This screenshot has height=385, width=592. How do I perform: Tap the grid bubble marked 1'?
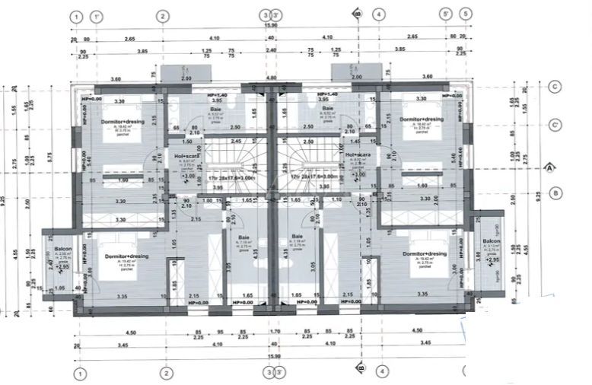click(96, 16)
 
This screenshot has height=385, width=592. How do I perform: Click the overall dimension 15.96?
click(270, 27)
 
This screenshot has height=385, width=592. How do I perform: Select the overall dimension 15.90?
click(270, 357)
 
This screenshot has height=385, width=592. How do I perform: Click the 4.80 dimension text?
click(272, 78)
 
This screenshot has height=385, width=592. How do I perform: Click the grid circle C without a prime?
click(555, 87)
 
